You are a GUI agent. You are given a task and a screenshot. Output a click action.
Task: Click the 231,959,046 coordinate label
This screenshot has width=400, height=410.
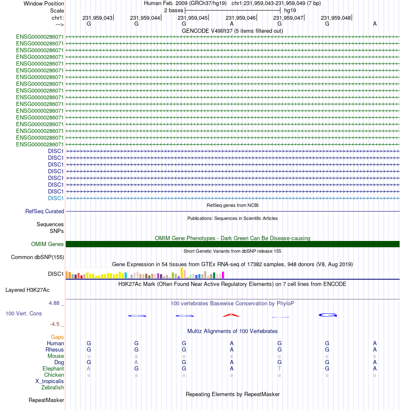pos(240,18)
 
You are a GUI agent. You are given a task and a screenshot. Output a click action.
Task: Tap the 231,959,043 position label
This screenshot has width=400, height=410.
pos(97,18)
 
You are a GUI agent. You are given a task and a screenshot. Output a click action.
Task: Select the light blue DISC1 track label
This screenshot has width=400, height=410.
pos(56,198)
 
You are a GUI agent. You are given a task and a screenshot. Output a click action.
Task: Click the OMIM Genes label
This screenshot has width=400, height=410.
pos(48,244)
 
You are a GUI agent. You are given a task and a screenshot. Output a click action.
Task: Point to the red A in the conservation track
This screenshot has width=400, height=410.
pos(231,315)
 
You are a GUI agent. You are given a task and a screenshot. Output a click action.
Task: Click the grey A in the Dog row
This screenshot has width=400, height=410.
pos(136,362)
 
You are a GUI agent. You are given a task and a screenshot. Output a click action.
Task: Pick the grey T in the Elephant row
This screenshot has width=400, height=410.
pos(280,368)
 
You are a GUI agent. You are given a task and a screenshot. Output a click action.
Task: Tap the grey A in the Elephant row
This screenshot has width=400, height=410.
pos(89,368)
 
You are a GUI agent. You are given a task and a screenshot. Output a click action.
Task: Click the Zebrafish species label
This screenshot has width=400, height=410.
pos(52,388)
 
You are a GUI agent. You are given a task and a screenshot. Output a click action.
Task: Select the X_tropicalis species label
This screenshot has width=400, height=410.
pos(50,381)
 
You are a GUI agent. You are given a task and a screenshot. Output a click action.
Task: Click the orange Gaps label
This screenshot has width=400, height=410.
pos(57,337)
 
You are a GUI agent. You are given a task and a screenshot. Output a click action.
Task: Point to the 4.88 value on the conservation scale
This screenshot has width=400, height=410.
pos(54,303)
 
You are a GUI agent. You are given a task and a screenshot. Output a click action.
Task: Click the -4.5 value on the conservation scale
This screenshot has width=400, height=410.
pos(55,324)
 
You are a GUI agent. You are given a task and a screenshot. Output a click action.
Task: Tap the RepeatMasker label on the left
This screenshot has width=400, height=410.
pos(46,400)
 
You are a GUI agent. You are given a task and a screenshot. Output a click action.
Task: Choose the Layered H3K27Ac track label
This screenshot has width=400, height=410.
pos(27,290)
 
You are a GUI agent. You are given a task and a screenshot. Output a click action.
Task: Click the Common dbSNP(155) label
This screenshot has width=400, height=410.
pos(37,257)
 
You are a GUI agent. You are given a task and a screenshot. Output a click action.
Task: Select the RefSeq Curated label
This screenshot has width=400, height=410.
pos(45,211)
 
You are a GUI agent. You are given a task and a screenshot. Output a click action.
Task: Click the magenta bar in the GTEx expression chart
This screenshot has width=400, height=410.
pos(223,275)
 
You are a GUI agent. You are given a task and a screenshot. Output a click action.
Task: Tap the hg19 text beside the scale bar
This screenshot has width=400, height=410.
pos(290,11)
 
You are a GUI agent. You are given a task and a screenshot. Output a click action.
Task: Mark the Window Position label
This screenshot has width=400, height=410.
pos(44,4)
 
